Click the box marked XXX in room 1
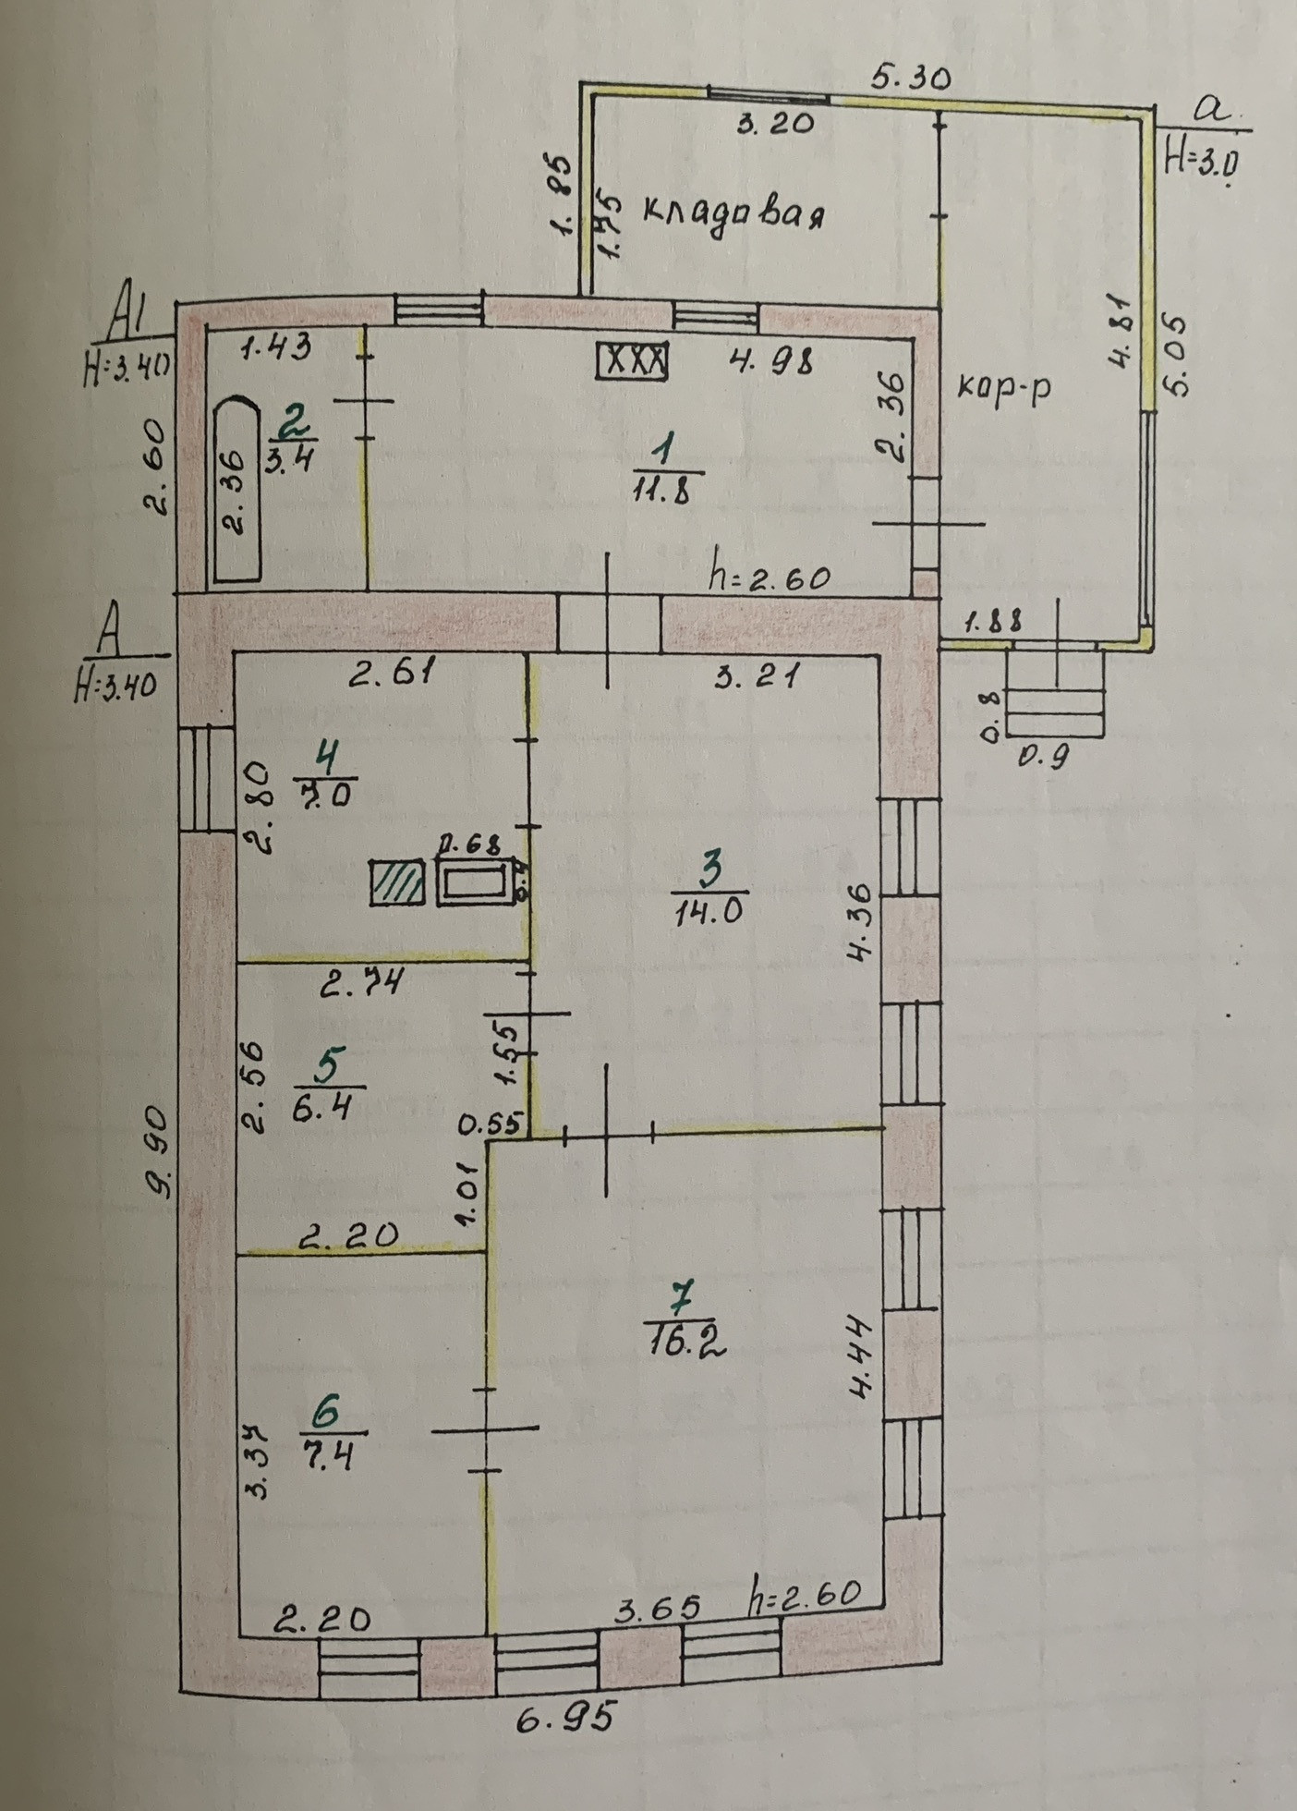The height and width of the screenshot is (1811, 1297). click(633, 360)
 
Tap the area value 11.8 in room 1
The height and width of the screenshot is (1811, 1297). click(662, 487)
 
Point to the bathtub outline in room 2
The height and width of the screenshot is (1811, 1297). click(238, 490)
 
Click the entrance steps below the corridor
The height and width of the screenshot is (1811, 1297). click(1056, 693)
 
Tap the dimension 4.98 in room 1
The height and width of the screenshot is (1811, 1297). click(770, 359)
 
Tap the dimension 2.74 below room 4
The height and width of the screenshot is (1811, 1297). click(362, 984)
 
